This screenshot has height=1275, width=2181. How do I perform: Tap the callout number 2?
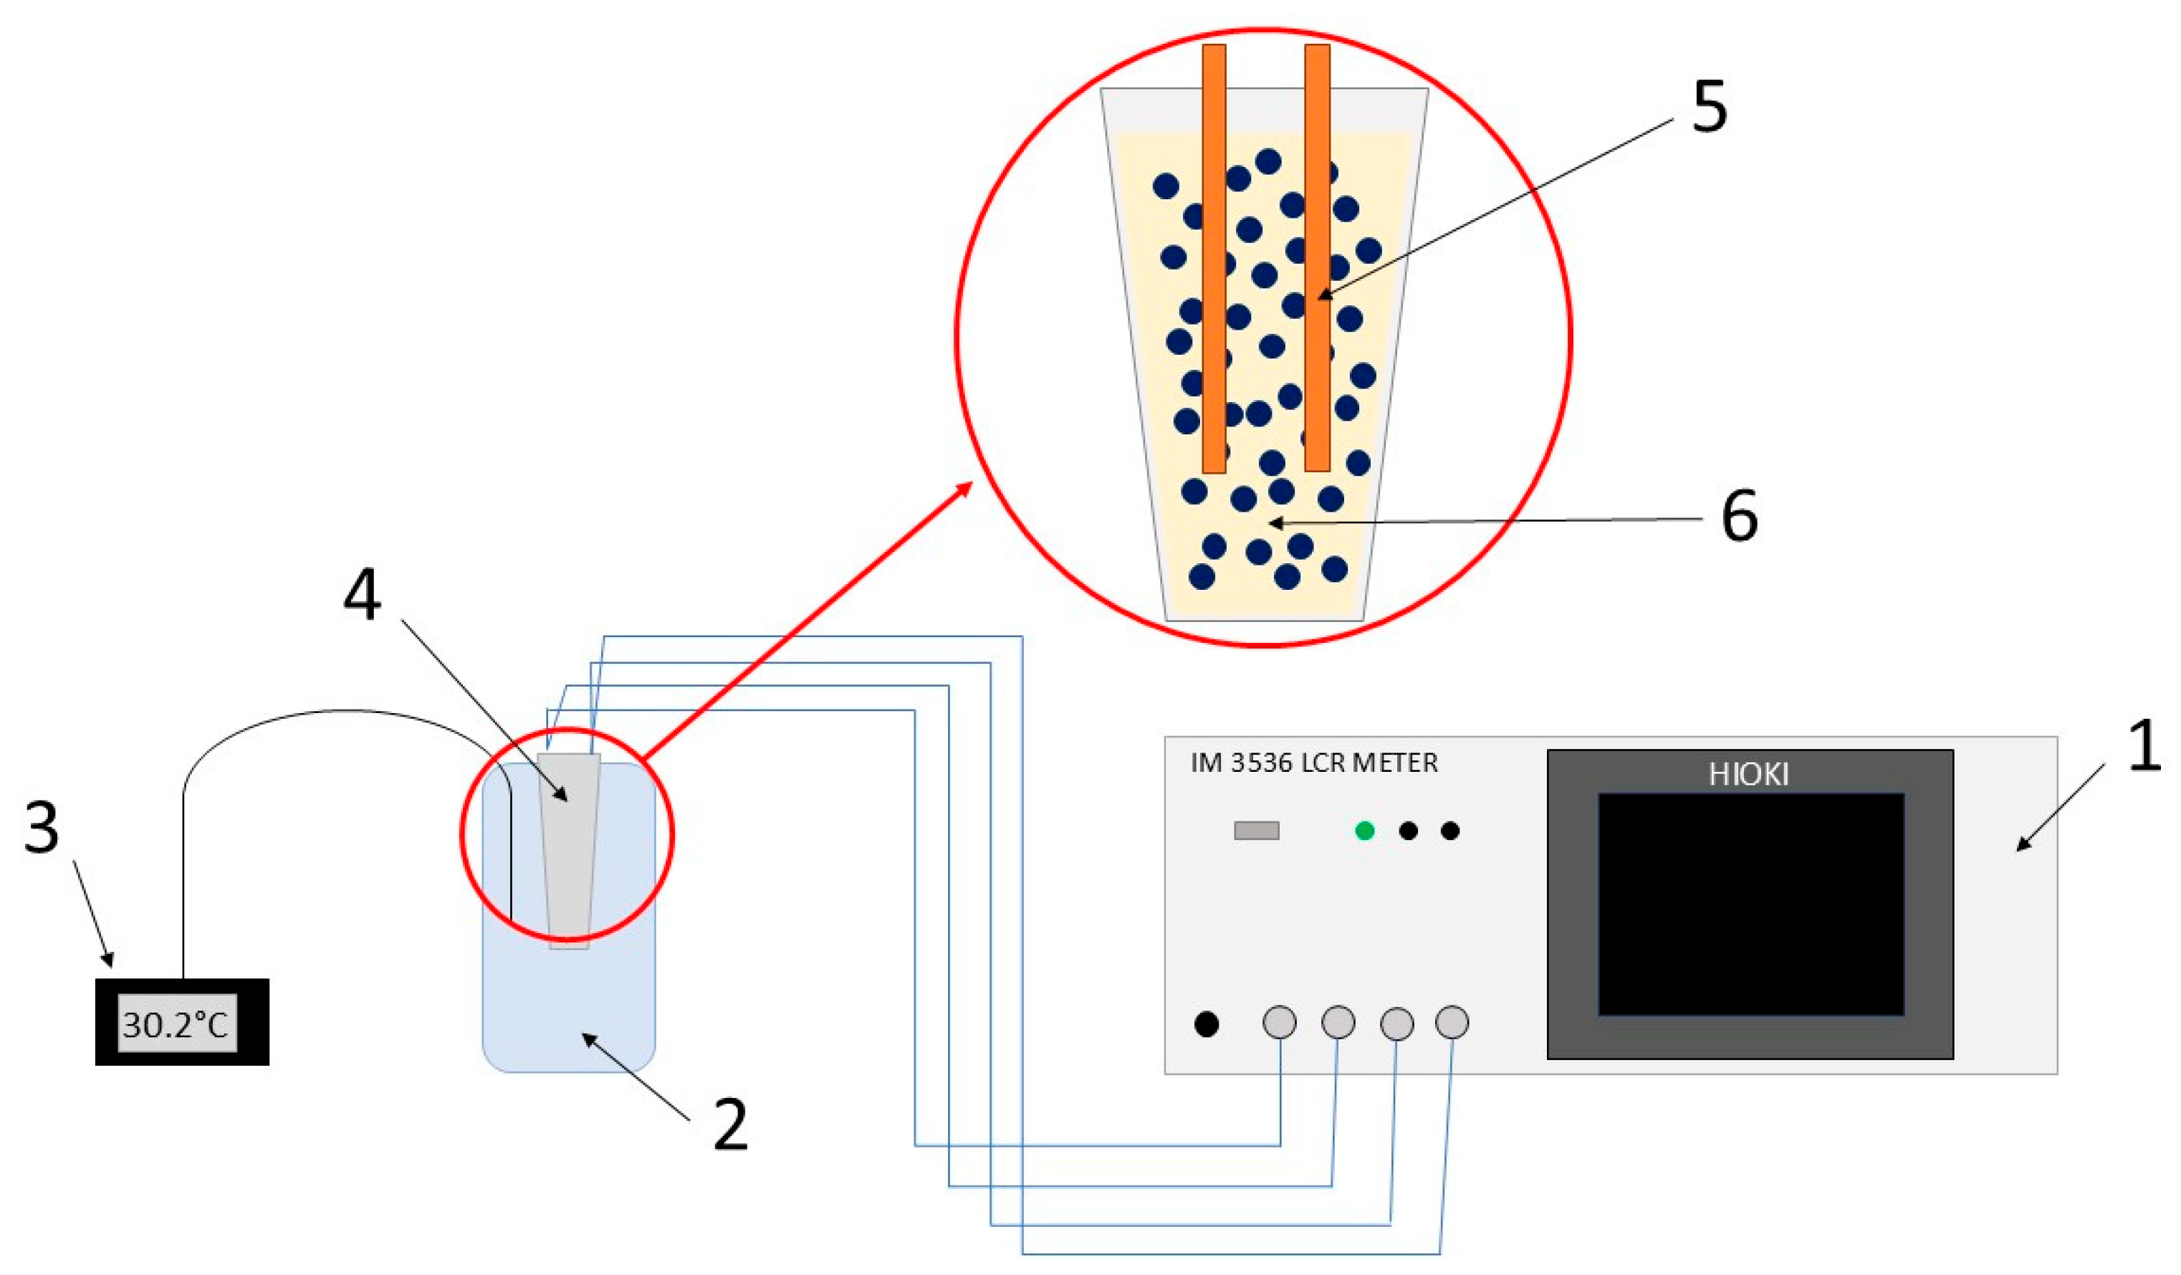pyautogui.click(x=729, y=1124)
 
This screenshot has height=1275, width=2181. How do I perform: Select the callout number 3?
pyautogui.click(x=42, y=828)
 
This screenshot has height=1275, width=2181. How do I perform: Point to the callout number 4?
pyautogui.click(x=362, y=596)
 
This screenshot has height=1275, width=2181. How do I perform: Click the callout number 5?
pyautogui.click(x=1710, y=108)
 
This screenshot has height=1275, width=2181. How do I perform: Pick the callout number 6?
pyautogui.click(x=1740, y=517)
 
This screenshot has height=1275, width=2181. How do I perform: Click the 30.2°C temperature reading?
pyautogui.click(x=176, y=1025)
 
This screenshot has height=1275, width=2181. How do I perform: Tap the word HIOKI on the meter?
pyautogui.click(x=1748, y=774)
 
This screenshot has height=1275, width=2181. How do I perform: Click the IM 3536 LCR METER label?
pyautogui.click(x=1314, y=763)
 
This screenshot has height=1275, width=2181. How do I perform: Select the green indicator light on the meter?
pyautogui.click(x=1365, y=831)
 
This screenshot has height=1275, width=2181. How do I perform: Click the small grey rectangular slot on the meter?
pyautogui.click(x=1256, y=831)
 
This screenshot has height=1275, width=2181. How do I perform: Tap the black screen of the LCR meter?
pyautogui.click(x=1750, y=904)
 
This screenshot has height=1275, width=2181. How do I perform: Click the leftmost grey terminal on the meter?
pyautogui.click(x=1280, y=1021)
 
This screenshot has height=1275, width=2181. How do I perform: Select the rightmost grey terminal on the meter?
pyautogui.click(x=1452, y=1021)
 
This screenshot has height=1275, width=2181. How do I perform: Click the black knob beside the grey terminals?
pyautogui.click(x=1207, y=1024)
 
